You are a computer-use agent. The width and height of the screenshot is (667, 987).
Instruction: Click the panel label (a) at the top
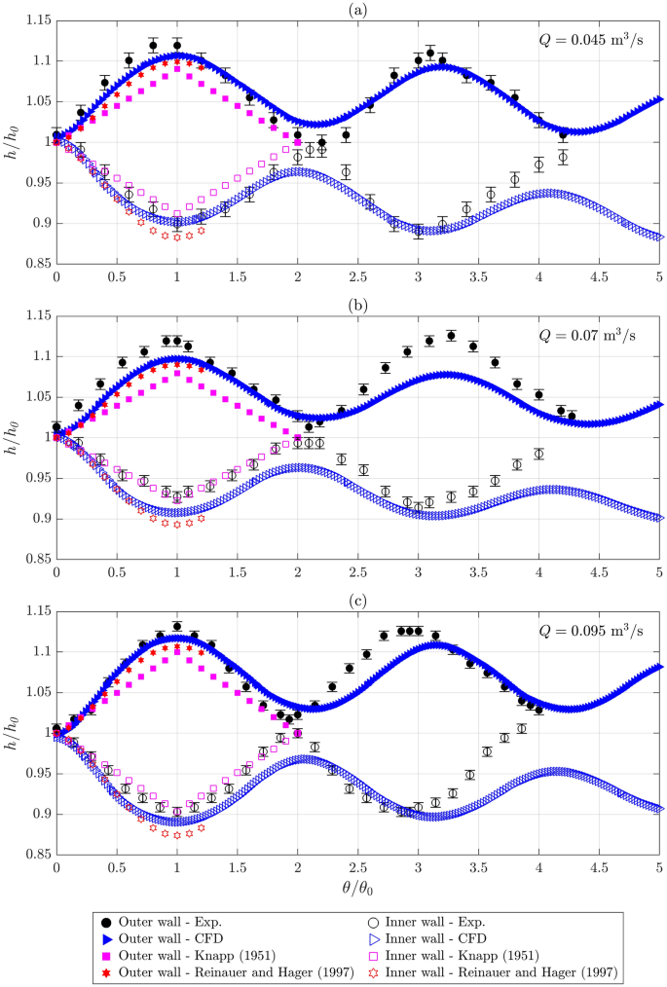[358, 8]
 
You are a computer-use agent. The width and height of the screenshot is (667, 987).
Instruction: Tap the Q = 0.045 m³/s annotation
[593, 40]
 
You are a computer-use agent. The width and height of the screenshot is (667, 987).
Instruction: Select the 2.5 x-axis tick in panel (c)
[358, 866]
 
